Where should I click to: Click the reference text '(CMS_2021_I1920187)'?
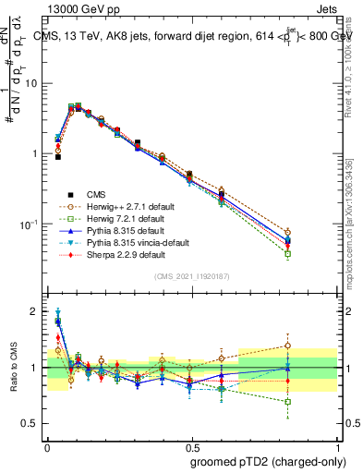click(192, 275)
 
